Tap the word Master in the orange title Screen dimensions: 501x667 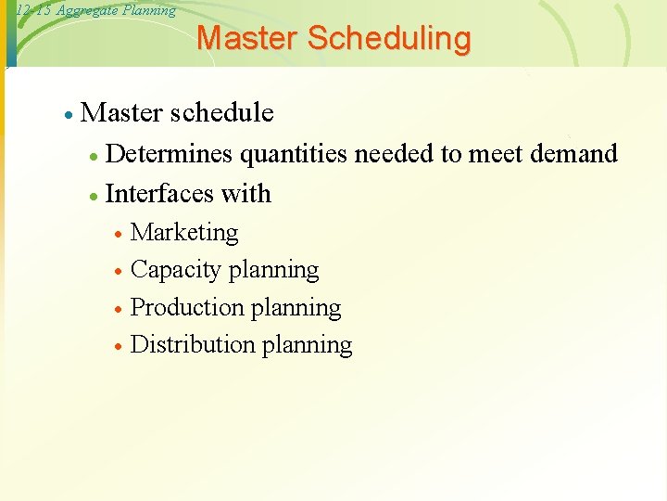coord(247,39)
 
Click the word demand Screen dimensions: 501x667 coord(573,153)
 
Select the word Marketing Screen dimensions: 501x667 coord(184,232)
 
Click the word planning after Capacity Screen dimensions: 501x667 coord(273,270)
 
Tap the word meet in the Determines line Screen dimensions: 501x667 coord(497,153)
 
